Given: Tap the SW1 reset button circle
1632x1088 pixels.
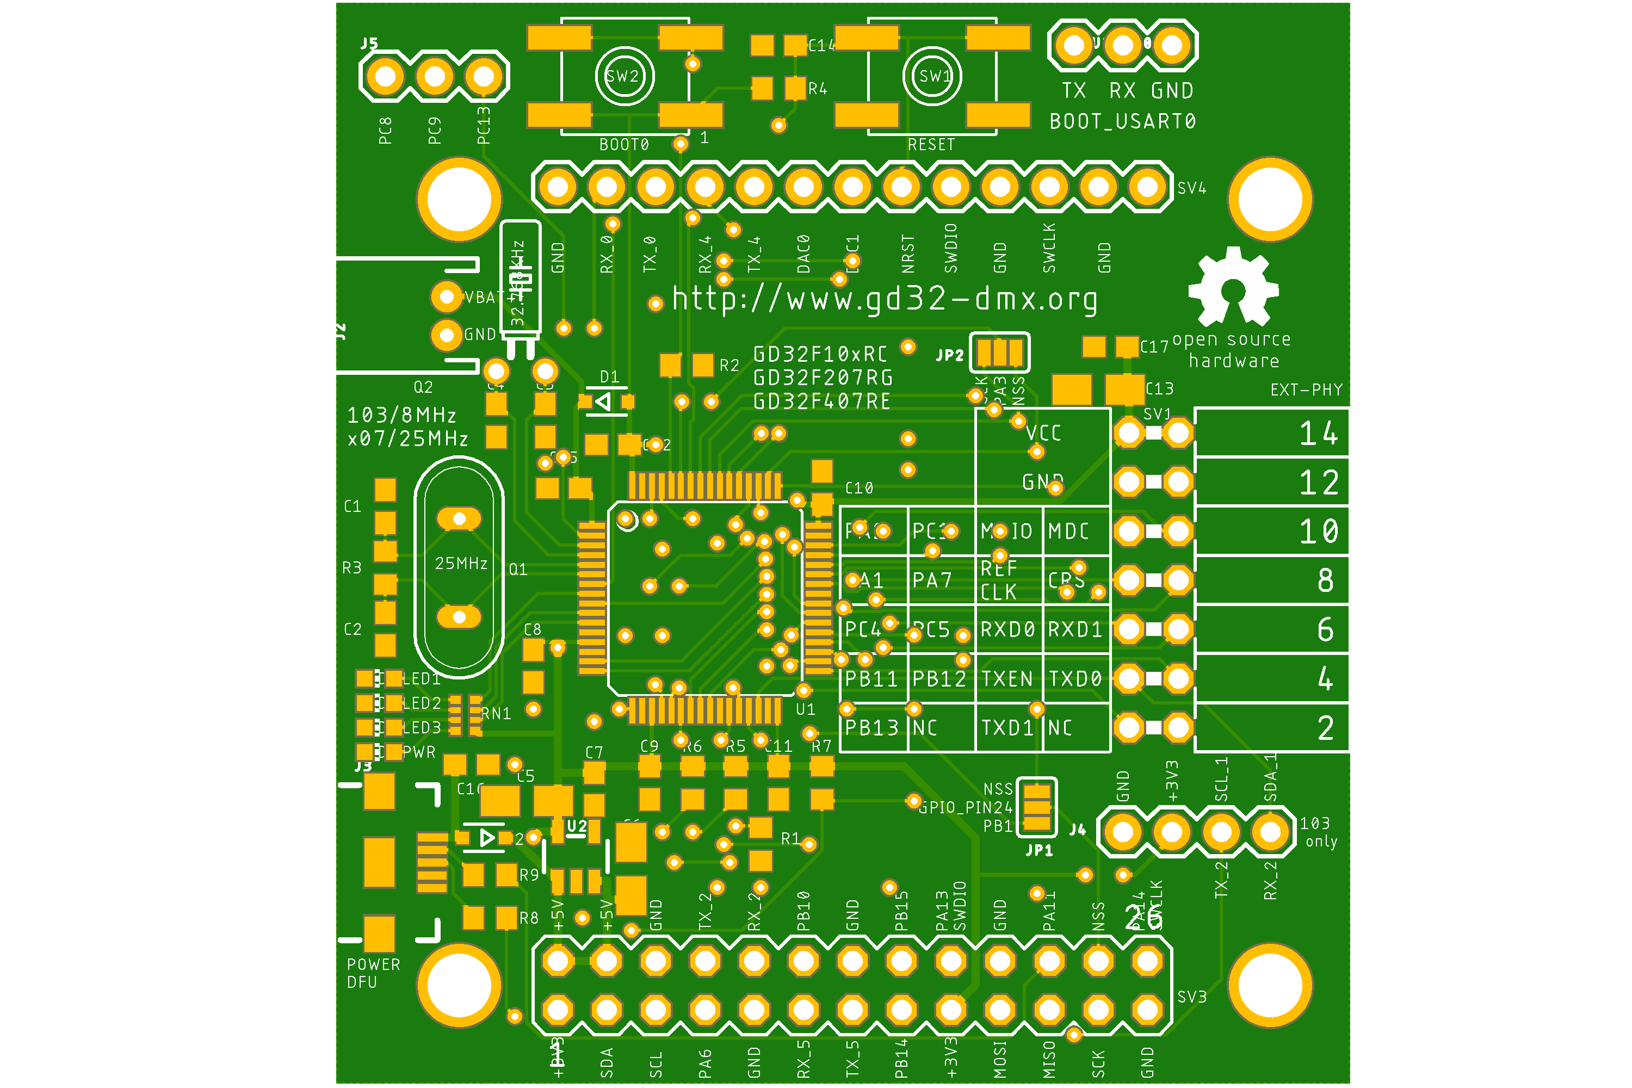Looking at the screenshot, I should point(932,76).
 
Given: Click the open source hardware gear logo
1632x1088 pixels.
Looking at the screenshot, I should point(1233,287).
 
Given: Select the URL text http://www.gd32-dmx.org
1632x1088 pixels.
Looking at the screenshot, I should point(885,299).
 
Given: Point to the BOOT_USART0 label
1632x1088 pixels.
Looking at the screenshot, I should point(1122,121).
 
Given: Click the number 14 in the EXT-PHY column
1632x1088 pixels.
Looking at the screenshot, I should point(1318,434).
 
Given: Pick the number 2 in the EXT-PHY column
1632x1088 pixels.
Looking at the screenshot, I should point(1325,728).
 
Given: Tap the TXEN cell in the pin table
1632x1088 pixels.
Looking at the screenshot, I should point(1007,678).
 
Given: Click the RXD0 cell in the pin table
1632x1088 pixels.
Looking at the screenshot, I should point(1007,629).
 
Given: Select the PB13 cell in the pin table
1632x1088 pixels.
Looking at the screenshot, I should point(871,728).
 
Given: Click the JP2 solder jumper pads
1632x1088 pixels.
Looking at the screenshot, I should point(999,353).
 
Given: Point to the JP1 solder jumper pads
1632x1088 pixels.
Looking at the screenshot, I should point(1037,807).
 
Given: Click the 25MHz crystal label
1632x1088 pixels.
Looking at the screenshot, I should point(461,564).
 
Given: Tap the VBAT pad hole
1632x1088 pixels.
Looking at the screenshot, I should point(447,297).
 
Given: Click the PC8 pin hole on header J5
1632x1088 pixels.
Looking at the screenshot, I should point(385,76).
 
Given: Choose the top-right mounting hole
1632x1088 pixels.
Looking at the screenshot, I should point(1270,199).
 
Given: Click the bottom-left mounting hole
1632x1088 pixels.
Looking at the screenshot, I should point(459,985).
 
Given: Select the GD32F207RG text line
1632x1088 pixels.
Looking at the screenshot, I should point(823,378).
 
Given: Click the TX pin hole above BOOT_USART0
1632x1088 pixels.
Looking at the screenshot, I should point(1073,46).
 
